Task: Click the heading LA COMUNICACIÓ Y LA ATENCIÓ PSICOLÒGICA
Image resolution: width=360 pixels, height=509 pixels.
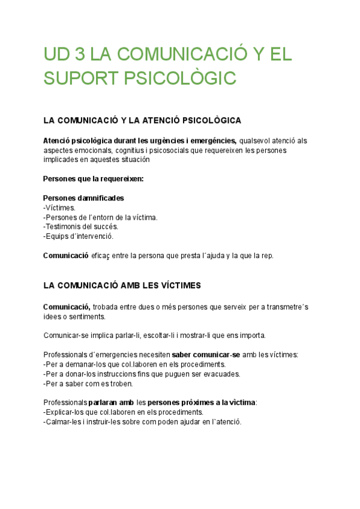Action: pyautogui.click(x=142, y=121)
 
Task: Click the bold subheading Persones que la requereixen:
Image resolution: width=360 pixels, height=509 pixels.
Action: pyautogui.click(x=93, y=179)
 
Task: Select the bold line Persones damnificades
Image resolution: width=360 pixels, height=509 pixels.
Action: pyautogui.click(x=83, y=198)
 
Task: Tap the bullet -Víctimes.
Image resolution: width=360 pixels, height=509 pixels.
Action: pyautogui.click(x=59, y=208)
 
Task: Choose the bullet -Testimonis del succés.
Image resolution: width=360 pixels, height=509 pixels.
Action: pyautogui.click(x=81, y=227)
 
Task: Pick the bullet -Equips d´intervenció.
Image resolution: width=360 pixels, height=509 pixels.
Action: pyautogui.click(x=78, y=236)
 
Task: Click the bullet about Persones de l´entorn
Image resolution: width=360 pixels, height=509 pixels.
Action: pyautogui.click(x=100, y=217)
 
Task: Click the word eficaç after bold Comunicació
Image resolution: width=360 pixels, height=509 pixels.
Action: pyautogui.click(x=102, y=256)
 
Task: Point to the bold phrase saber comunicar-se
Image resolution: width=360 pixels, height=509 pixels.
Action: pyautogui.click(x=206, y=355)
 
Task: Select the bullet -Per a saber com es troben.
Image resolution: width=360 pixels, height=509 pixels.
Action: pyautogui.click(x=88, y=384)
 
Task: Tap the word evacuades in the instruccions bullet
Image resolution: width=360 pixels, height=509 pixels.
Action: pyautogui.click(x=221, y=374)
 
